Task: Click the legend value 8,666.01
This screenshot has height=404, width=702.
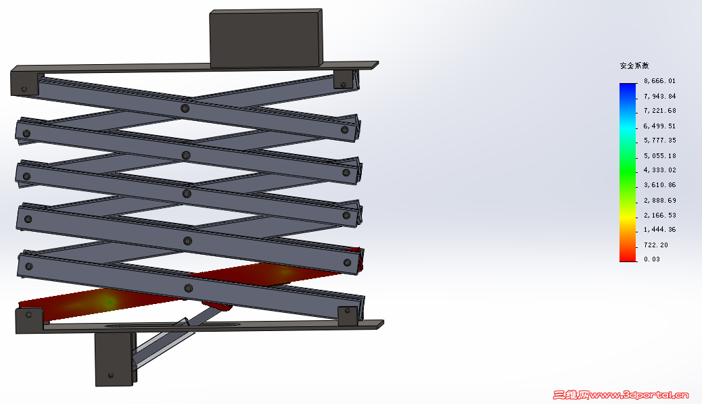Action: click(x=659, y=81)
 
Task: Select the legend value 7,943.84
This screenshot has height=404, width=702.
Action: click(x=659, y=96)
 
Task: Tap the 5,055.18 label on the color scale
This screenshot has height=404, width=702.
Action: click(x=659, y=155)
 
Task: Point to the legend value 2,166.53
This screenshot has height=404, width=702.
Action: click(x=659, y=216)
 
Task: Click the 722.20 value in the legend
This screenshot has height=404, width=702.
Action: click(x=656, y=245)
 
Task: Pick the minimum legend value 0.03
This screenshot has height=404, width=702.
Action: click(x=652, y=259)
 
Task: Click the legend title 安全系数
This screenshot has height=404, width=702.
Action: click(x=634, y=66)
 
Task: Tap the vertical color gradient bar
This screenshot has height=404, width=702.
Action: click(x=628, y=172)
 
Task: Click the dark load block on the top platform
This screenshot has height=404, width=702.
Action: click(x=266, y=39)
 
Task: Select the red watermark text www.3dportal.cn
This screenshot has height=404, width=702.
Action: click(x=639, y=395)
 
